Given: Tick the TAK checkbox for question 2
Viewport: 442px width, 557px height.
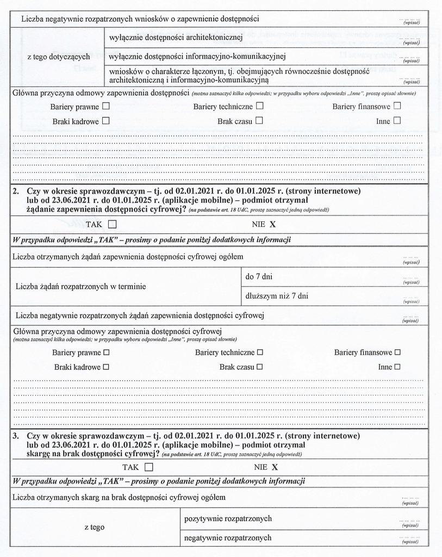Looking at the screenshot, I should click(x=113, y=224).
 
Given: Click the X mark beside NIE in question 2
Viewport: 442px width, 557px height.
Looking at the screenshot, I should click(x=273, y=224).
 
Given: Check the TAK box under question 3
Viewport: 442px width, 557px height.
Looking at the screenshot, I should click(x=149, y=467).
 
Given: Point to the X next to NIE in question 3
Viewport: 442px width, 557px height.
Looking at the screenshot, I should click(x=275, y=467).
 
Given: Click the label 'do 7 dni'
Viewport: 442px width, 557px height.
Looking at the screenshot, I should click(x=259, y=277).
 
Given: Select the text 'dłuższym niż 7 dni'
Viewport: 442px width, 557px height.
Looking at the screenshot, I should click(x=277, y=296).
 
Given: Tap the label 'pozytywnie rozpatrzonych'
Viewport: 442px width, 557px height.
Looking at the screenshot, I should click(x=228, y=518).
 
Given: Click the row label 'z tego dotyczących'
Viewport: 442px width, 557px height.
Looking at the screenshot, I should click(x=59, y=57).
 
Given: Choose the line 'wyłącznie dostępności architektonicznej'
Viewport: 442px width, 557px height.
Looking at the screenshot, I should click(x=175, y=37).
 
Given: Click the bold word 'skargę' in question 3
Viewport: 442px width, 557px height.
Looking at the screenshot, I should click(x=40, y=454).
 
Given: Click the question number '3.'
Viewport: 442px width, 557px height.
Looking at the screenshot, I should click(x=16, y=436).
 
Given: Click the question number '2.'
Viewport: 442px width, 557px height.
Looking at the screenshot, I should click(x=16, y=191).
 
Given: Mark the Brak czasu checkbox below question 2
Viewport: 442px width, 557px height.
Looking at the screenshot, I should click(x=260, y=367).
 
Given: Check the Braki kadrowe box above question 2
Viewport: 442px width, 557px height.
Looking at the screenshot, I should click(x=106, y=121).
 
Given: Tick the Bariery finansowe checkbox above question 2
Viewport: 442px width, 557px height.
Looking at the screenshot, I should click(x=397, y=106).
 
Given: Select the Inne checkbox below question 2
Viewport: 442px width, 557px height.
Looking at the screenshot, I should click(x=397, y=367).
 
